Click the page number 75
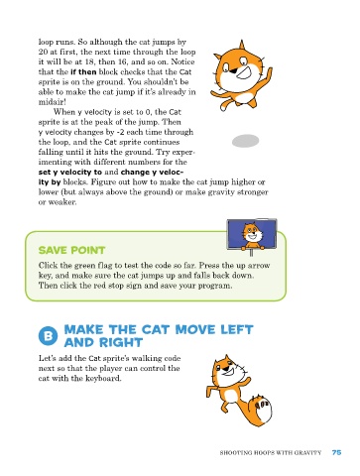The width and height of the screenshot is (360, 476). [x=336, y=452]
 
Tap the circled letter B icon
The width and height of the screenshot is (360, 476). [x=48, y=336]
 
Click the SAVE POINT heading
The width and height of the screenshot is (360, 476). [x=71, y=250]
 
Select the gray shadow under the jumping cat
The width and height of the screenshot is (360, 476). [x=246, y=141]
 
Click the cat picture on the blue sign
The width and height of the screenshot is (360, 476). [x=252, y=235]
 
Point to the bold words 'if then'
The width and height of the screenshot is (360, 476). [x=83, y=71]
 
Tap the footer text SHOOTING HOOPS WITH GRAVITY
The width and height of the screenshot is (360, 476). [x=271, y=453]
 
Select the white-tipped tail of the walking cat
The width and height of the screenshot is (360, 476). [x=260, y=410]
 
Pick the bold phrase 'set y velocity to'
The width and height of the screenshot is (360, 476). [x=70, y=173]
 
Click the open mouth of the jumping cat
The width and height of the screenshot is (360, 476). [x=245, y=72]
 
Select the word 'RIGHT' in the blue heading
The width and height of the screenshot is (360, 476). [x=122, y=342]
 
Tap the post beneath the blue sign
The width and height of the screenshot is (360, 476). [x=252, y=253]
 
